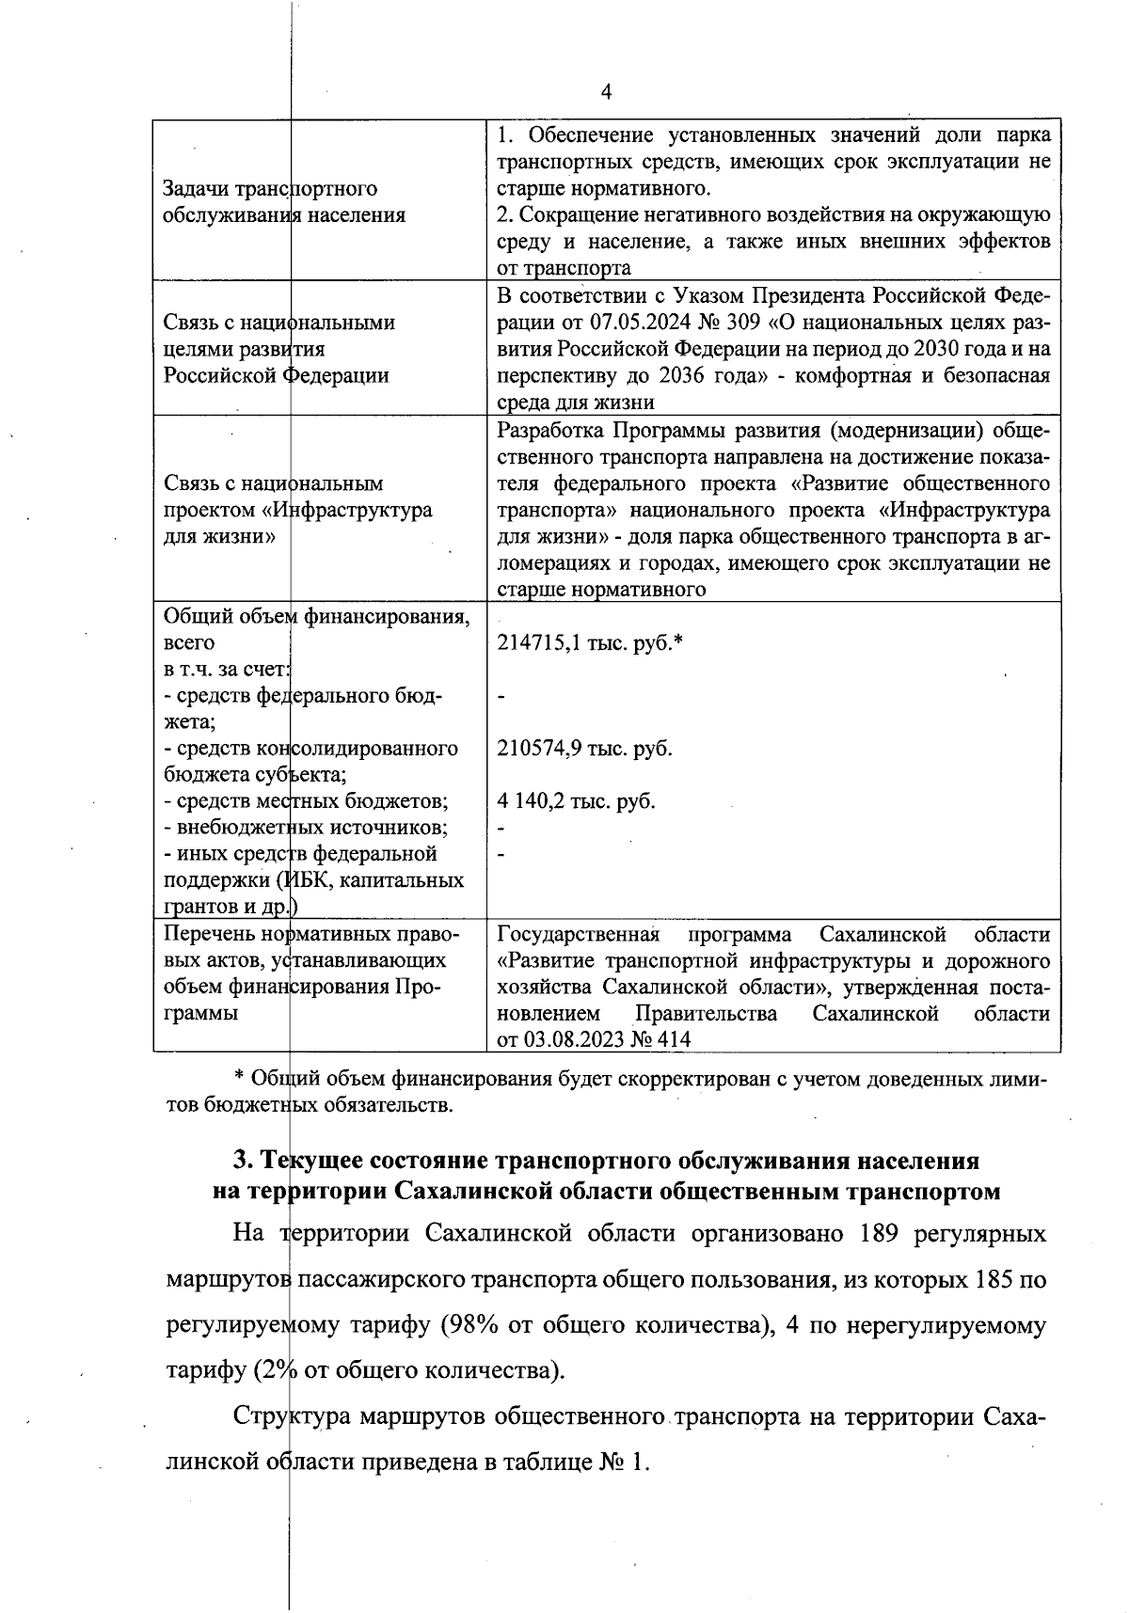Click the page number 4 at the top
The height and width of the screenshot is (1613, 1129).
606,91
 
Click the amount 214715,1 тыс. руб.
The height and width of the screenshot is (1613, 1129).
589,643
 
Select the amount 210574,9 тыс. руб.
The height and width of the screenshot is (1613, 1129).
584,749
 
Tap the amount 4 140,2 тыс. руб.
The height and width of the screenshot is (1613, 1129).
576,801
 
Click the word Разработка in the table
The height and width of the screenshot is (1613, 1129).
551,431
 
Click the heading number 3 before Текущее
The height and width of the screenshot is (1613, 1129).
241,1160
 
